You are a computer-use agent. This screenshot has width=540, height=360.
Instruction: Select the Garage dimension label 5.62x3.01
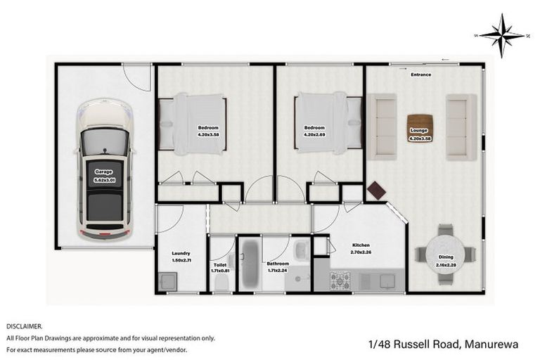point(104,176)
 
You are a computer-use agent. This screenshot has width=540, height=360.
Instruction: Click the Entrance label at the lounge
point(421,75)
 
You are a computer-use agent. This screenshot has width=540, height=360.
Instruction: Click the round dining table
point(446,255)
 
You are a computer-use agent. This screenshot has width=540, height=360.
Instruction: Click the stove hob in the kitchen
point(342,281)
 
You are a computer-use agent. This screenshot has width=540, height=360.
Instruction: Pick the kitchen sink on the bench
point(387,281)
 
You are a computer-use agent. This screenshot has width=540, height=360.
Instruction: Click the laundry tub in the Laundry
point(168,282)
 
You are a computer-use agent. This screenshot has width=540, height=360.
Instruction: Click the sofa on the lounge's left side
point(383,127)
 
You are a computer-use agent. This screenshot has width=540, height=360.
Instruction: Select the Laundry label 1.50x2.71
point(181,257)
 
